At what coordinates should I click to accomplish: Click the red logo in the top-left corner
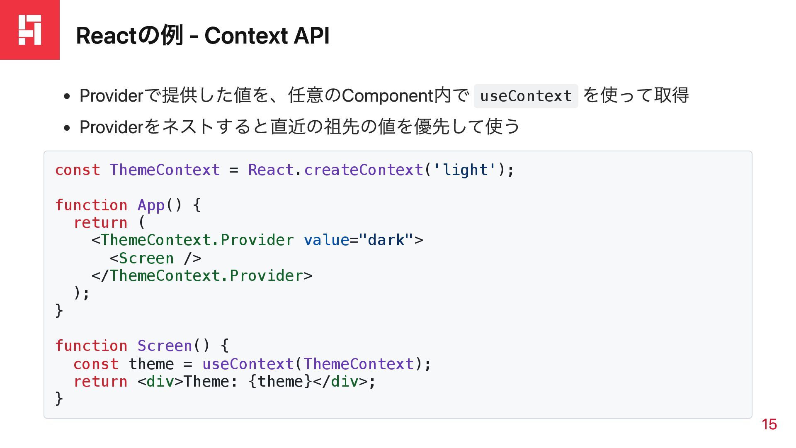pos(30,30)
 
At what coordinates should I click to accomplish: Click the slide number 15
pos(769,424)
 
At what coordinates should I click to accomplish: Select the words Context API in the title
pos(267,36)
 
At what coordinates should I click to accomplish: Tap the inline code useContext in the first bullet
pos(526,96)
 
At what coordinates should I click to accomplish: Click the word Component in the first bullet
pos(388,96)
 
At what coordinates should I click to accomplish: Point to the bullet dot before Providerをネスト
pos(67,128)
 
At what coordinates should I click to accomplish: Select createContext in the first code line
pos(363,170)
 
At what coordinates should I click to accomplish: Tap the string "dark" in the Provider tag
pos(386,240)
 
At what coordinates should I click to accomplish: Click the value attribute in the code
pos(326,240)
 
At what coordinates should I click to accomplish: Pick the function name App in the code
pos(151,205)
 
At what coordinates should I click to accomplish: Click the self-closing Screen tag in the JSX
pos(155,258)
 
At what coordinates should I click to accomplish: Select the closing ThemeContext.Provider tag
pos(202,276)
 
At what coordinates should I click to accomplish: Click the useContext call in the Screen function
pos(248,364)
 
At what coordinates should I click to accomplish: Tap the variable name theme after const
pos(151,364)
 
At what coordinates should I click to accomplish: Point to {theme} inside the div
pos(280,382)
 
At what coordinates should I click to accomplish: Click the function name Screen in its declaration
pos(165,346)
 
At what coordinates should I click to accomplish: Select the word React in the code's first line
pos(271,170)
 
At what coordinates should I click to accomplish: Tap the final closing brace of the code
pos(59,399)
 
